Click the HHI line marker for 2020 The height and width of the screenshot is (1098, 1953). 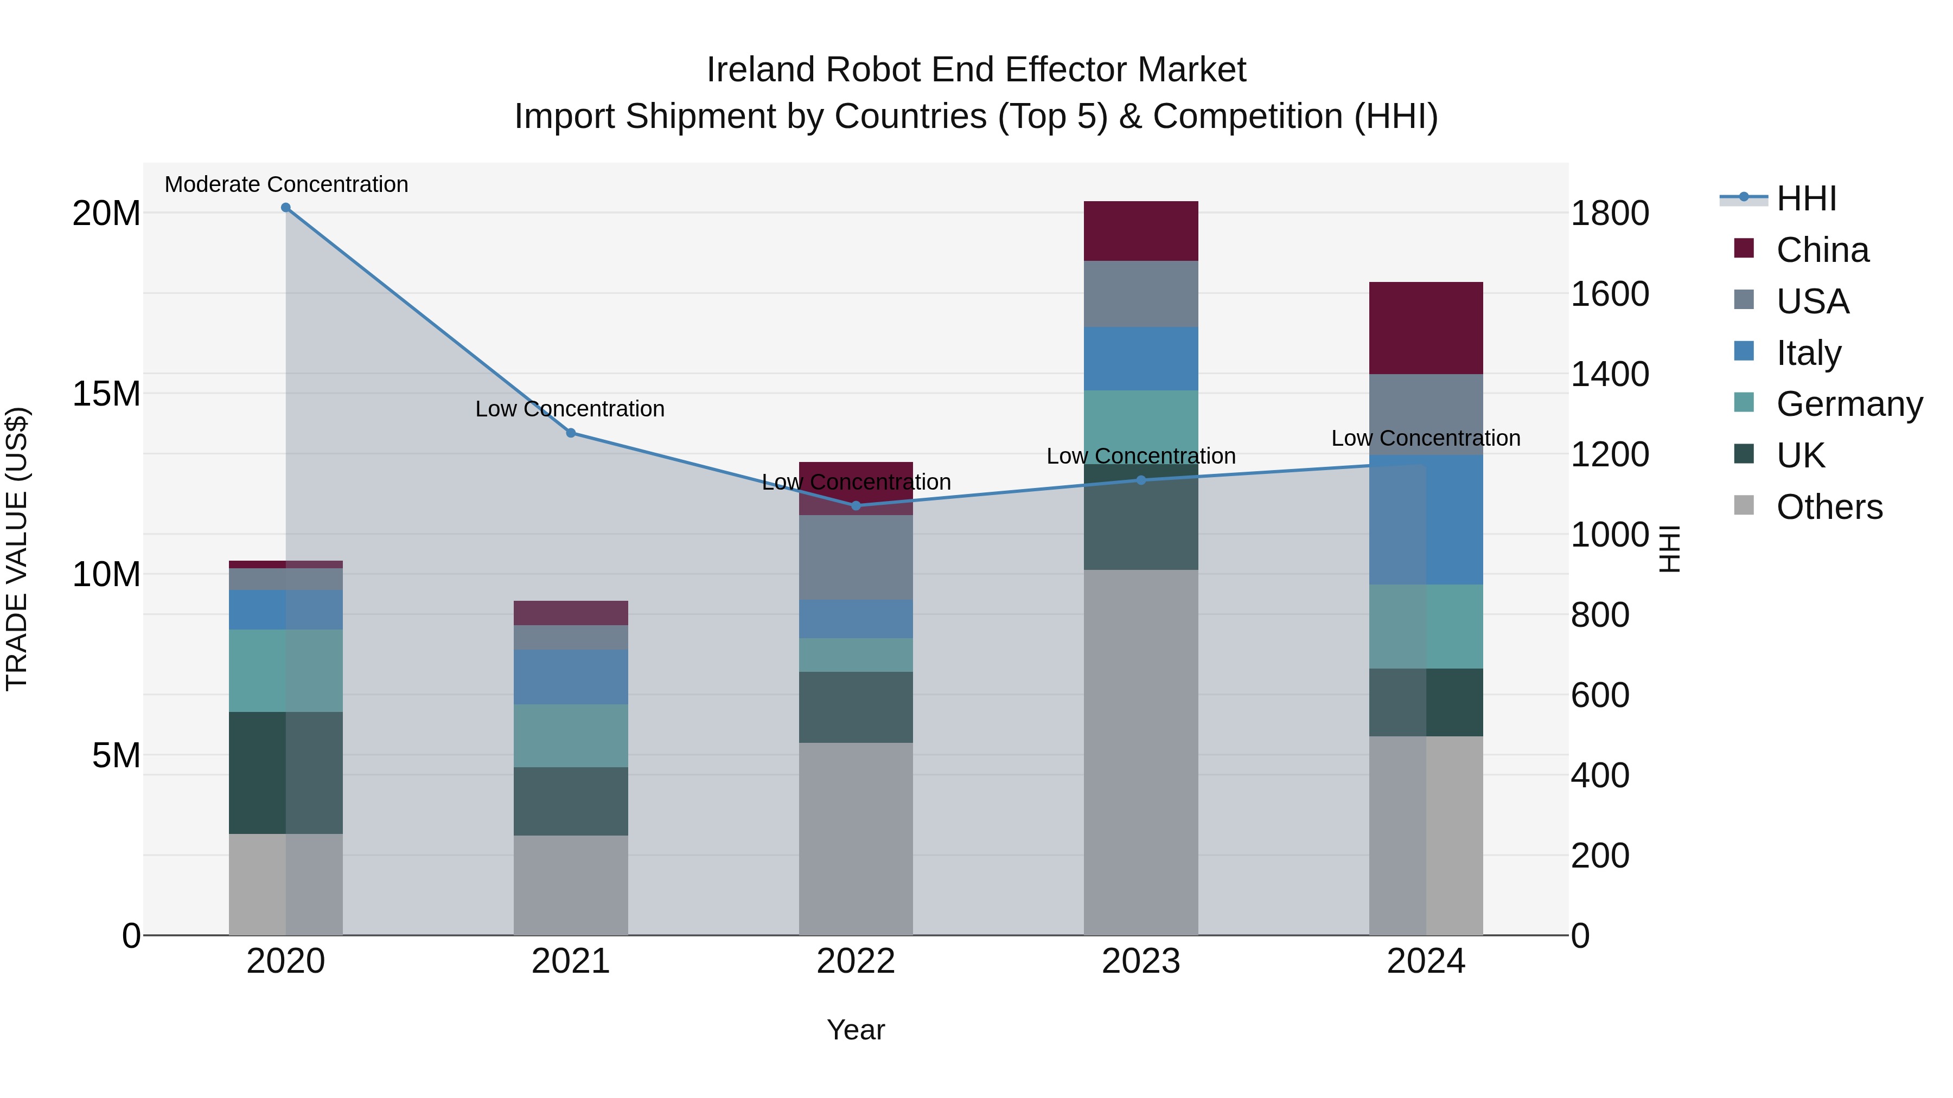click(286, 208)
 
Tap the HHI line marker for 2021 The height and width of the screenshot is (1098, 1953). click(571, 433)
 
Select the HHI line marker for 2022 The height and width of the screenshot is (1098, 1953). click(856, 505)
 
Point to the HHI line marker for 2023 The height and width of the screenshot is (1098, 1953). click(1141, 480)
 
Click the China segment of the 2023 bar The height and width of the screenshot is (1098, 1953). click(1141, 231)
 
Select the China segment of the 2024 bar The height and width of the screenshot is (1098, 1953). click(1426, 328)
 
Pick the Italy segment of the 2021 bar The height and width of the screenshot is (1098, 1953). click(571, 677)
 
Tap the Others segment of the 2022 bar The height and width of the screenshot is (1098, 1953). click(856, 838)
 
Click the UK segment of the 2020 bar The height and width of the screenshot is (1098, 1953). click(286, 772)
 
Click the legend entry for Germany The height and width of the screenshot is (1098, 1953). click(1848, 404)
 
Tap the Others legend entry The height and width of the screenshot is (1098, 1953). click(1829, 507)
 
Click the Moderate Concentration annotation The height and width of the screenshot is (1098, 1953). click(286, 184)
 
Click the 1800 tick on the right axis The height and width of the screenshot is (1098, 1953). click(1609, 214)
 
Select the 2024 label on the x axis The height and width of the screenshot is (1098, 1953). click(1426, 961)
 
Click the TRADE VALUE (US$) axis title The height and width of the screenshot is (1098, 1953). click(17, 549)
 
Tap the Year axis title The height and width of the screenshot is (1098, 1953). click(856, 1030)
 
